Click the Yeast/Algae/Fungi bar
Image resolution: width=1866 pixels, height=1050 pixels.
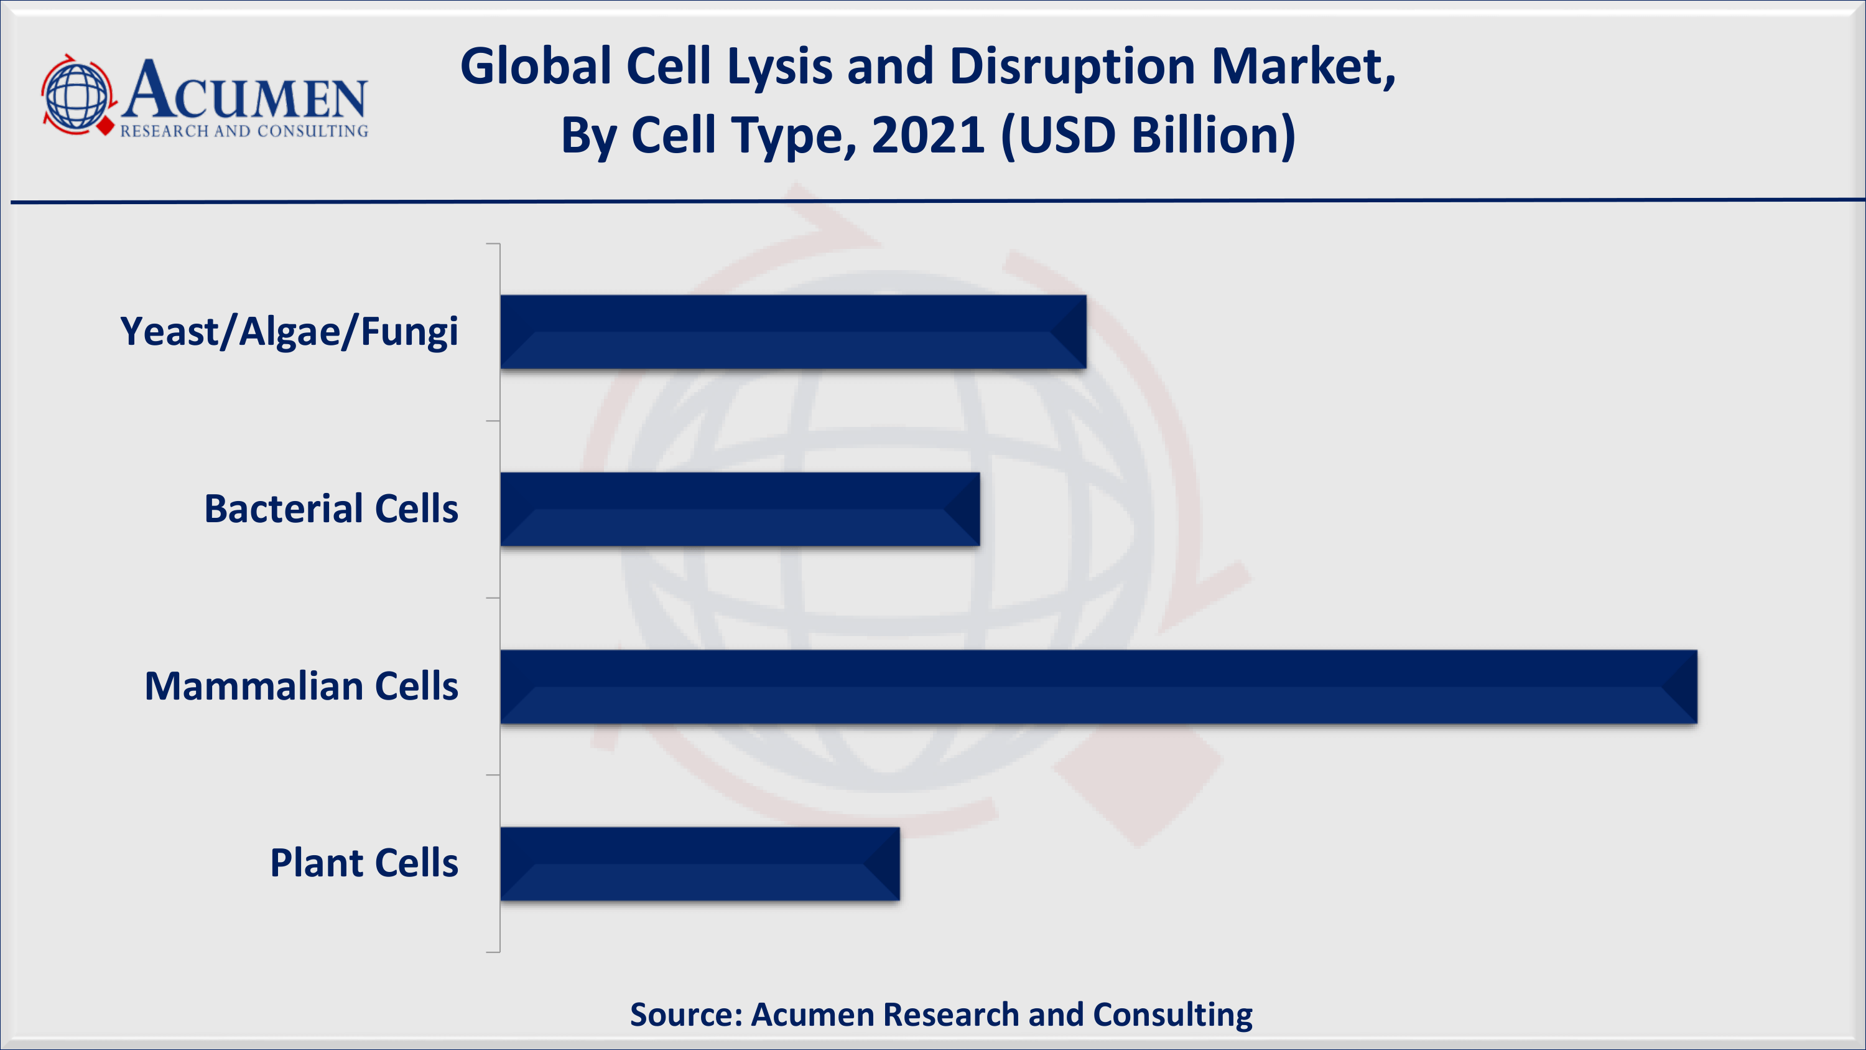(793, 332)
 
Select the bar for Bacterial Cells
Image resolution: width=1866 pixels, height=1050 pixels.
(740, 509)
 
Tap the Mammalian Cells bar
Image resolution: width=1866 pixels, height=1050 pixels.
(1099, 687)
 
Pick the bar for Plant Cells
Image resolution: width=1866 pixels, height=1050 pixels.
(700, 864)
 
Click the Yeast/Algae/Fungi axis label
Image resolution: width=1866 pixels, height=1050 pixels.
(289, 332)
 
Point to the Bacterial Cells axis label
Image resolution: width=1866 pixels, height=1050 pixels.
(331, 509)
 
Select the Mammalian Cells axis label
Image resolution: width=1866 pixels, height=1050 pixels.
(301, 687)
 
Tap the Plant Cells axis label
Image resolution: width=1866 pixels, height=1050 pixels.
(364, 863)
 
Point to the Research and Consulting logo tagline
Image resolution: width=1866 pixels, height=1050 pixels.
(244, 131)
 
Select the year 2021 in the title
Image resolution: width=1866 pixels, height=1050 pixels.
(928, 135)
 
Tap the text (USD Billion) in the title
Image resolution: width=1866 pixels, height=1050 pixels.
(1148, 136)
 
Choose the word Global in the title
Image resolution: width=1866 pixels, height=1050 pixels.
(536, 67)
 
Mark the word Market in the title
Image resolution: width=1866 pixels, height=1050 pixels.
(1303, 67)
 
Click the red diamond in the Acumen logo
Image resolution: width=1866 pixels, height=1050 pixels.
(106, 126)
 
